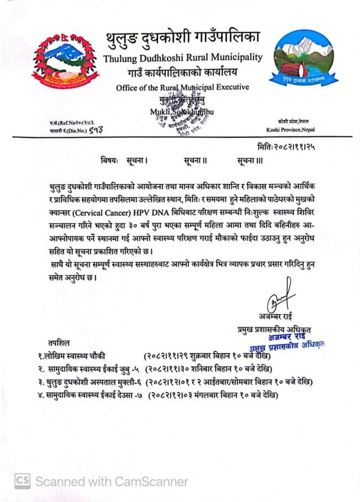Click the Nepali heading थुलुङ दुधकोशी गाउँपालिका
(182, 39)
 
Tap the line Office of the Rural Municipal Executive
(182, 87)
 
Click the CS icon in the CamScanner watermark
(22, 481)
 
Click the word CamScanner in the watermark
(150, 482)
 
